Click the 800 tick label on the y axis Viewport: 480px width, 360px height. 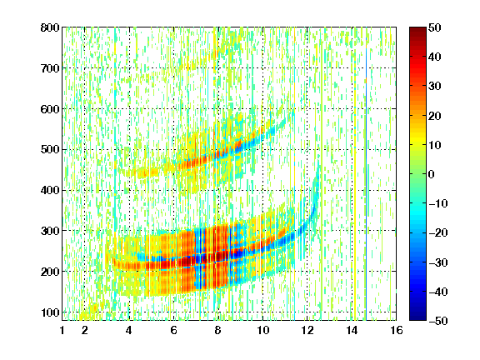[50, 27]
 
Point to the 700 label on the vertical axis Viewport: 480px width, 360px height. [50, 68]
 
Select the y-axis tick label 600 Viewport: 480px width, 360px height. [50, 109]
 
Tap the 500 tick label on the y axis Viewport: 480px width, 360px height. [50, 150]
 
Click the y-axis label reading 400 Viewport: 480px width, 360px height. [50, 190]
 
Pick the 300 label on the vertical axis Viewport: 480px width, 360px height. [50, 231]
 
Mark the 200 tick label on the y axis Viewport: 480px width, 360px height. [50, 272]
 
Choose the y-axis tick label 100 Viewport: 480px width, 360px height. [50, 312]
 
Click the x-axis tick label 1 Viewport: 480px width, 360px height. [62, 330]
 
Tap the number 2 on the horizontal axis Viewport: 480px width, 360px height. [85, 330]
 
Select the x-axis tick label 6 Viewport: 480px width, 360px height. [174, 330]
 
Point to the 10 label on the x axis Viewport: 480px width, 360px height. [262, 330]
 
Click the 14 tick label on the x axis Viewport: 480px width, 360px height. [352, 330]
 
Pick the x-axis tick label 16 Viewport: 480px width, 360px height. [397, 330]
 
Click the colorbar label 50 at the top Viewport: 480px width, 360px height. [434, 27]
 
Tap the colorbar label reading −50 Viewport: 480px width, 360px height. [437, 321]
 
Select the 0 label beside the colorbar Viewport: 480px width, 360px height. [432, 174]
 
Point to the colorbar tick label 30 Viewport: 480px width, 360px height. [434, 86]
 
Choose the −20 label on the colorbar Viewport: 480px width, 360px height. [437, 232]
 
